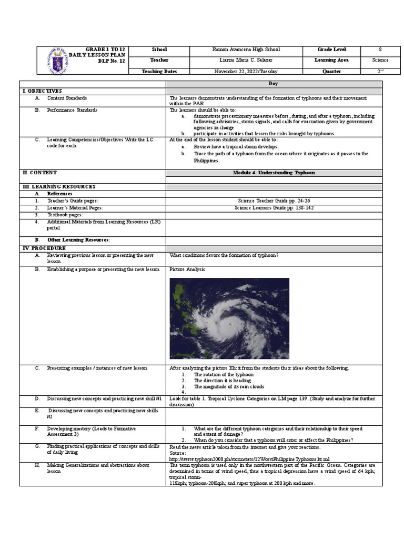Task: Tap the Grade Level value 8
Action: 380,49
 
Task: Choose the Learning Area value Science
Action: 380,60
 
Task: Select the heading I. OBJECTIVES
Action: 42,91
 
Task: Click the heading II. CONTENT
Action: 39,173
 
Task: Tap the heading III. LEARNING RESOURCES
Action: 58,187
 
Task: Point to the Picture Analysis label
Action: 187,269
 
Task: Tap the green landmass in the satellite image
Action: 181,295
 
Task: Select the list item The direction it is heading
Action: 223,380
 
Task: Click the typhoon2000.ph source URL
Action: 249,459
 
